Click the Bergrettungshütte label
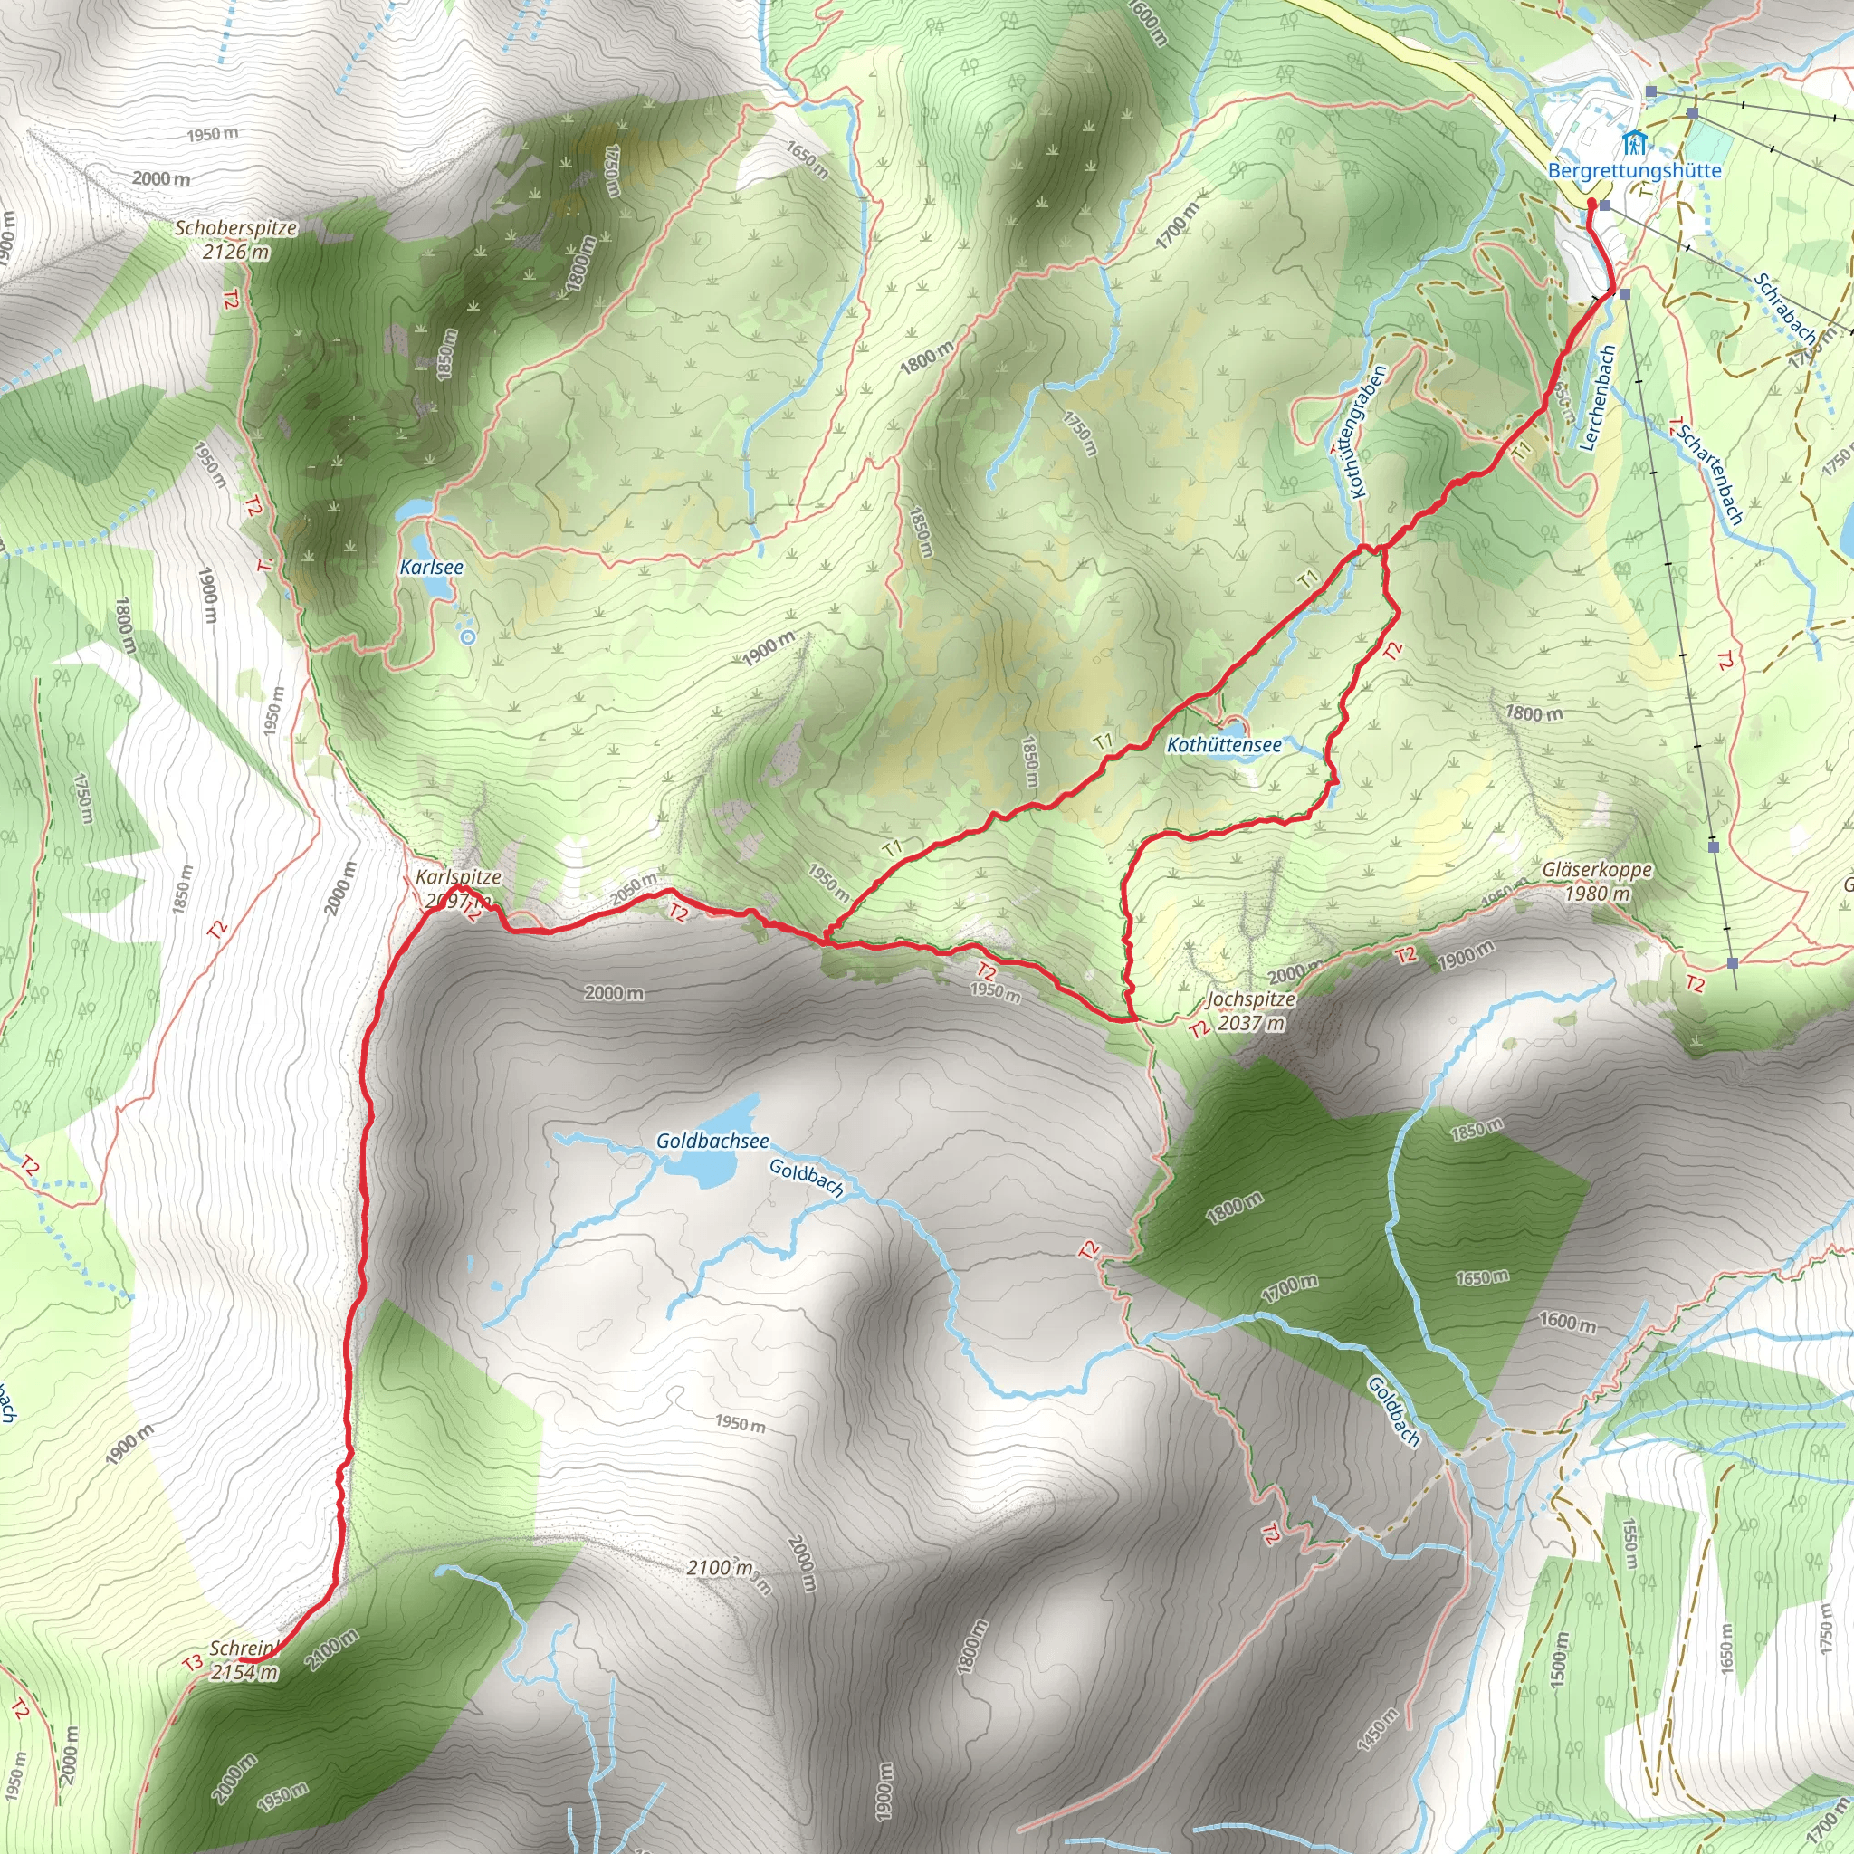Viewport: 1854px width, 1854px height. click(x=1634, y=171)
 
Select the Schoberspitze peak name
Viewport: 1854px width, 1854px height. click(x=236, y=228)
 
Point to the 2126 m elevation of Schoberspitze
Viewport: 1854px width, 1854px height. click(x=236, y=253)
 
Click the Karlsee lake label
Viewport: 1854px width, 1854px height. click(x=431, y=567)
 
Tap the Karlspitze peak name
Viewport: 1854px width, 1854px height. click(x=458, y=877)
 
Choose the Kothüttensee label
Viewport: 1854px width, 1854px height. click(x=1224, y=745)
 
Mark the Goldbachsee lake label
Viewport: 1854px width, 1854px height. click(x=712, y=1141)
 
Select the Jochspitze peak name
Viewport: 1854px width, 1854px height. click(x=1251, y=999)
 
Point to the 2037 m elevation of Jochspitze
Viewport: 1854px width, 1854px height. click(x=1251, y=1023)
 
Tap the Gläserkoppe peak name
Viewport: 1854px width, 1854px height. click(x=1598, y=870)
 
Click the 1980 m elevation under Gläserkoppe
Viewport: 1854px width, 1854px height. click(x=1598, y=894)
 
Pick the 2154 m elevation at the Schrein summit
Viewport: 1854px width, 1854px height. click(x=244, y=1673)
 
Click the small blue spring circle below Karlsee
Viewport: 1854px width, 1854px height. click(x=467, y=636)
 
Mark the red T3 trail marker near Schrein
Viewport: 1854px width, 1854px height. click(x=193, y=1662)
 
